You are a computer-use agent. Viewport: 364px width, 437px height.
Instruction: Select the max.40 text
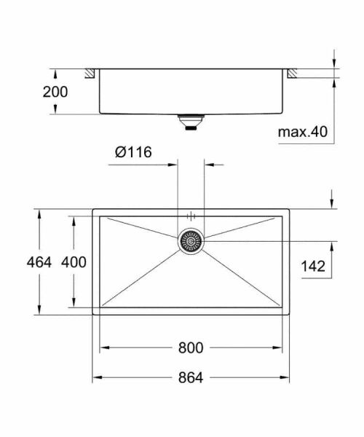[303, 132]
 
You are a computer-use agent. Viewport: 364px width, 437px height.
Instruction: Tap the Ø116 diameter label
[132, 152]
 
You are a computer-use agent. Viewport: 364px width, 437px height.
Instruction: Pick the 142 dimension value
[313, 267]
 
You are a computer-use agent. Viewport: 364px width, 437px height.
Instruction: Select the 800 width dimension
[191, 348]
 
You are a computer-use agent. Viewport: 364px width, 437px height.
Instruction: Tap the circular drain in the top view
[191, 240]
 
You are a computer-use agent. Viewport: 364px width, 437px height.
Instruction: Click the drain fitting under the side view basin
[191, 122]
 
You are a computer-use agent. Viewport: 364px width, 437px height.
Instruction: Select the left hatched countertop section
[91, 73]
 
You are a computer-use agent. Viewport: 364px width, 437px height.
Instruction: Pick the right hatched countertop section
[291, 73]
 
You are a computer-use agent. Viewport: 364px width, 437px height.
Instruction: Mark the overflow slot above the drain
[191, 216]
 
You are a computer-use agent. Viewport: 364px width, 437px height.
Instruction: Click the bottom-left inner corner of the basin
[100, 307]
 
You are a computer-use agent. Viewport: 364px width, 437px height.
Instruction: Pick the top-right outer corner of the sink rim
[290, 209]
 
